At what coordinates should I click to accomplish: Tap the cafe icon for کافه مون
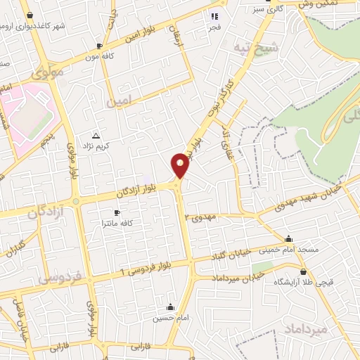coord(99,46)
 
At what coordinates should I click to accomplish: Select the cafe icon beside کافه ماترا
coord(117,212)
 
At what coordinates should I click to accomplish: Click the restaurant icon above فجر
coord(215,16)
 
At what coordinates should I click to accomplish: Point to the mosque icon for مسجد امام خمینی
coord(288,238)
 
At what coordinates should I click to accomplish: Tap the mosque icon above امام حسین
coord(170,307)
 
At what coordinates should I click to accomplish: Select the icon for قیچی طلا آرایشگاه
coord(303,272)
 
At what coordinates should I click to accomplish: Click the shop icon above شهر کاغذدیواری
coord(29,15)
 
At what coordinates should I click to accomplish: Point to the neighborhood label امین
coord(119,103)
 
